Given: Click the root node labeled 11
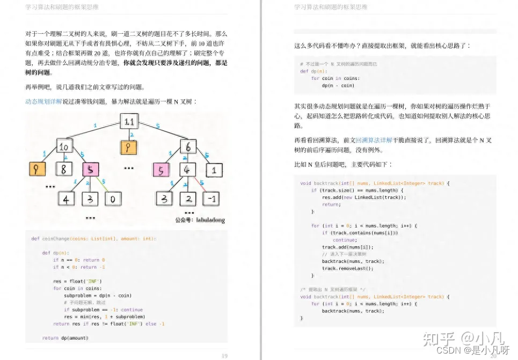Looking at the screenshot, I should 129,122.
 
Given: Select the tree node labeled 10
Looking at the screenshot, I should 64,146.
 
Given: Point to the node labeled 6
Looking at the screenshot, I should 188,146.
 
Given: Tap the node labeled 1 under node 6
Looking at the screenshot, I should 213,171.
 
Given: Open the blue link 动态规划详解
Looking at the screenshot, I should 43,101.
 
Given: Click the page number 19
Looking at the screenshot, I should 225,356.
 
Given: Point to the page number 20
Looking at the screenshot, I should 493,356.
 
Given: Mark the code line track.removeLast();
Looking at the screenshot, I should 344,268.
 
